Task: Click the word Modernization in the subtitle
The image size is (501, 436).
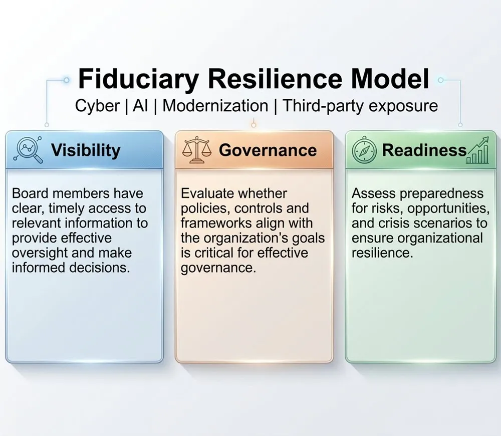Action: pyautogui.click(x=215, y=106)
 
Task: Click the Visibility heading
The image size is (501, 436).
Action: pyautogui.click(x=86, y=150)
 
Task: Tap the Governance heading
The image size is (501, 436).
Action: pyautogui.click(x=268, y=150)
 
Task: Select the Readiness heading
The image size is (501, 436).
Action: pyautogui.click(x=424, y=150)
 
